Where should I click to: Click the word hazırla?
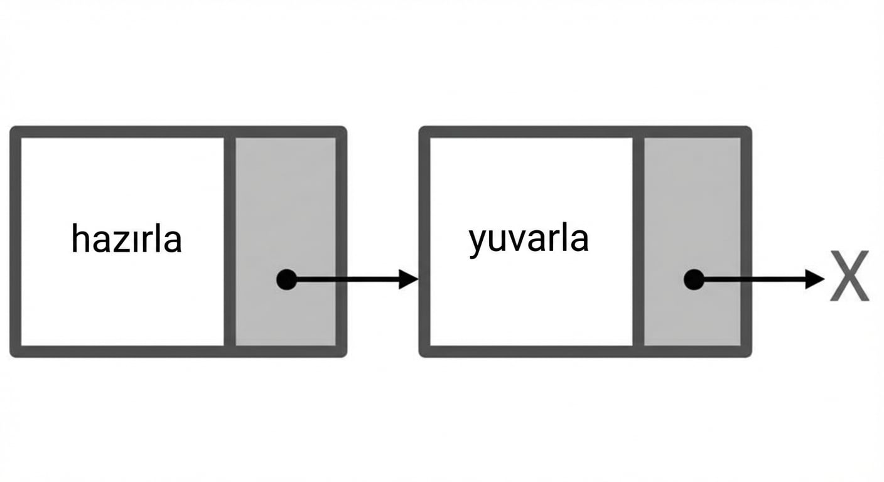(126, 238)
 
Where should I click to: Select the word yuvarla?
(529, 240)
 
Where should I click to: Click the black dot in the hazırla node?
(286, 280)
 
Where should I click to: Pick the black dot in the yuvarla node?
(694, 280)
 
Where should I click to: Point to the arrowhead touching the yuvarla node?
(408, 280)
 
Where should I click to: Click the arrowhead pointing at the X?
(814, 280)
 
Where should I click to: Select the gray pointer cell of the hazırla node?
(286, 242)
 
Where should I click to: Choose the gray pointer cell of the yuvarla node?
(693, 242)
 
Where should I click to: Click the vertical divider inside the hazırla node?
(230, 242)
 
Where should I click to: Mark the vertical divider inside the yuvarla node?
(639, 242)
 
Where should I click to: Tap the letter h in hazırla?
(80, 238)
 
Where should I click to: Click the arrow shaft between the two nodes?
(348, 280)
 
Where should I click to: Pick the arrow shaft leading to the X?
(755, 280)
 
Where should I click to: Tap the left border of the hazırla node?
(16, 242)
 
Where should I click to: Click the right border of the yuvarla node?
(747, 242)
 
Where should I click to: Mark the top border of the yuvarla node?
(585, 132)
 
